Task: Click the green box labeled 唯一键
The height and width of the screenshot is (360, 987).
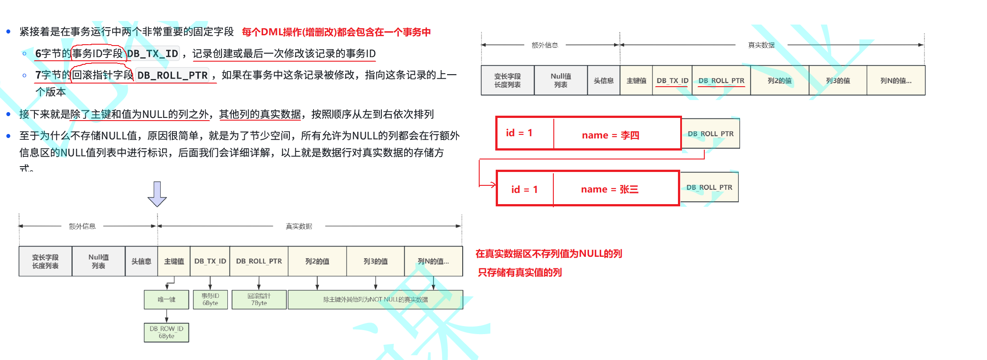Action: pos(167,300)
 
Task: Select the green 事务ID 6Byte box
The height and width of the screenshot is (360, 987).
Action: pos(210,300)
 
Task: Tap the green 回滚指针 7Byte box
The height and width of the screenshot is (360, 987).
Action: pos(259,300)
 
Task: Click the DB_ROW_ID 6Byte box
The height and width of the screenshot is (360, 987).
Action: pos(167,332)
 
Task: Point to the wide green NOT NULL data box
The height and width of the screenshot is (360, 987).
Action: pos(375,300)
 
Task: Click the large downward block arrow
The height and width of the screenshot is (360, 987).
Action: pos(157,194)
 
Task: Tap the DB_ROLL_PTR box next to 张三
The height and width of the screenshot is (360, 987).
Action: pos(709,188)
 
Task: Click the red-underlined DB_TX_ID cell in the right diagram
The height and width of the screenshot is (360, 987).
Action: pos(672,81)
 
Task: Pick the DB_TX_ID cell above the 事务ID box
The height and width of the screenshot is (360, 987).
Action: pos(210,261)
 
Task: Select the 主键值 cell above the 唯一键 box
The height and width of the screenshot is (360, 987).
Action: pos(174,261)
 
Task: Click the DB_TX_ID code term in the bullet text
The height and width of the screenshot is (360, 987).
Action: pos(152,54)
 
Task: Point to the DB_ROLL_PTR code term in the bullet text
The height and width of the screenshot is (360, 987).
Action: pos(172,75)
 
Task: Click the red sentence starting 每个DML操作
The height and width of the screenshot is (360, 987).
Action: pos(336,32)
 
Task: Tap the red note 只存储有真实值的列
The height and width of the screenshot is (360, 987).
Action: pos(520,272)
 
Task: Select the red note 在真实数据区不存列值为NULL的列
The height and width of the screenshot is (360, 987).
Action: pos(549,254)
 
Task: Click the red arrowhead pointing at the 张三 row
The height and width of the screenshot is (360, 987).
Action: pos(493,184)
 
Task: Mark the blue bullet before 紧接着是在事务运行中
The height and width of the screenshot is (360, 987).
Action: pos(8,32)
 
